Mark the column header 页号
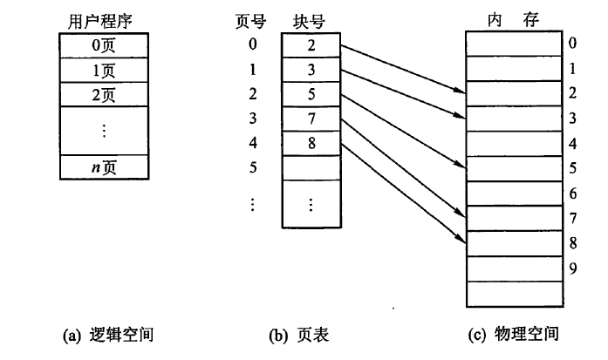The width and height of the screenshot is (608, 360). (253, 18)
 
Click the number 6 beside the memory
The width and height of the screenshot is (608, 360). (573, 192)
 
